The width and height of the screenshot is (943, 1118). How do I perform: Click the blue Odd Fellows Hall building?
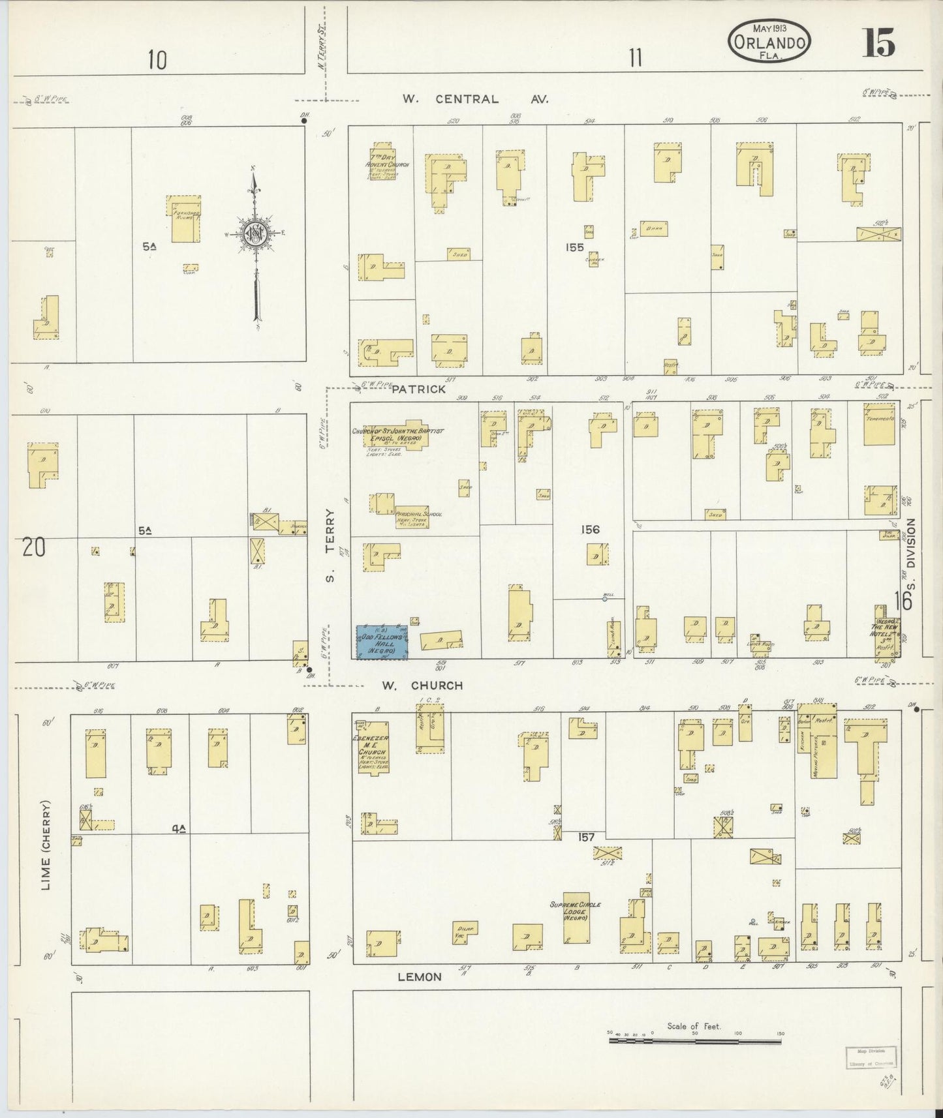pyautogui.click(x=382, y=642)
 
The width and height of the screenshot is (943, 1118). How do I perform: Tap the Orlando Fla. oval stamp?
pyautogui.click(x=769, y=40)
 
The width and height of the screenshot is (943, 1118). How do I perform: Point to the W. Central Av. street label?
pyautogui.click(x=475, y=99)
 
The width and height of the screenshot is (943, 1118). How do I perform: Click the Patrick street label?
pyautogui.click(x=419, y=389)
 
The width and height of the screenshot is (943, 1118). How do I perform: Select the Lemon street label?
pyautogui.click(x=420, y=977)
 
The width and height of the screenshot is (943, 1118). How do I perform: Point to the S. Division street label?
pyautogui.click(x=911, y=561)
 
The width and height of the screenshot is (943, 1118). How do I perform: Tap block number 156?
pyautogui.click(x=590, y=530)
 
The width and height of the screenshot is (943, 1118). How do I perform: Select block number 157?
pyautogui.click(x=586, y=837)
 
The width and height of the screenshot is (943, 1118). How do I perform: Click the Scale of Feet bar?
pyautogui.click(x=694, y=1042)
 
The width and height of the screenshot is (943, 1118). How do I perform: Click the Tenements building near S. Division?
pyautogui.click(x=878, y=424)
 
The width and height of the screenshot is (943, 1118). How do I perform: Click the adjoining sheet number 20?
pyautogui.click(x=33, y=547)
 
